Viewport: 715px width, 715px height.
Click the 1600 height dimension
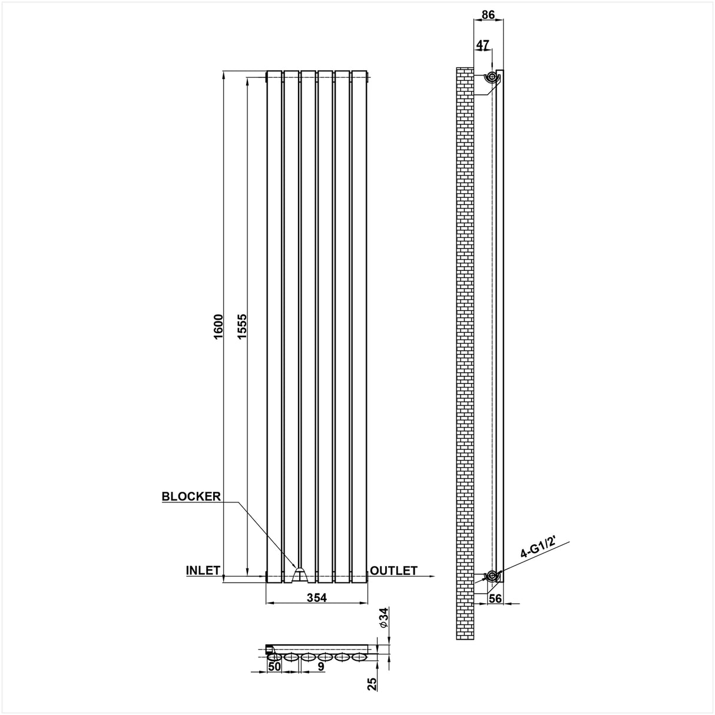coord(218,326)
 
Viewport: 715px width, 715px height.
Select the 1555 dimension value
coord(241,326)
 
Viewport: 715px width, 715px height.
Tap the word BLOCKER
coord(191,496)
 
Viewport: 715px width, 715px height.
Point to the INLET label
coord(203,570)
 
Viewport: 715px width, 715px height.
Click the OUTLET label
coord(394,570)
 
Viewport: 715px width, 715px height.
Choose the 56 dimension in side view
coord(495,598)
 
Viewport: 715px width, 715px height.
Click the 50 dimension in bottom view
coord(274,667)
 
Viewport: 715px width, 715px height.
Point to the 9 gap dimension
coord(320,667)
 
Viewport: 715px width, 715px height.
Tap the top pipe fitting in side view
coord(491,77)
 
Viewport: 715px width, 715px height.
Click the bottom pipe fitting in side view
coord(491,575)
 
